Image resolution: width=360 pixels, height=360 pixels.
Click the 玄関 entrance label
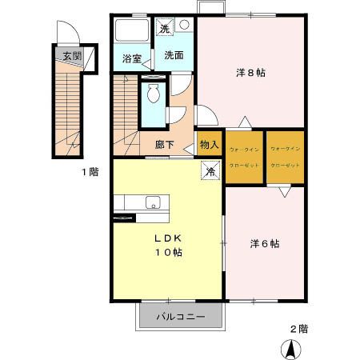(x=71, y=56)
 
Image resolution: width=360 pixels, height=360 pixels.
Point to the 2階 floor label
(x=298, y=328)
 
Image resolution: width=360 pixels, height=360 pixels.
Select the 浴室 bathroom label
(x=131, y=58)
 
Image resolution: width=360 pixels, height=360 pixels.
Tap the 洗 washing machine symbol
(x=164, y=28)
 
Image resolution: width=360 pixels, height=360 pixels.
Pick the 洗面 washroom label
(x=174, y=56)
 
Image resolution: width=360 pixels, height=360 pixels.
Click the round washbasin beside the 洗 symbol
(x=184, y=24)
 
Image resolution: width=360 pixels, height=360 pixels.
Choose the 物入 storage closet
(x=209, y=145)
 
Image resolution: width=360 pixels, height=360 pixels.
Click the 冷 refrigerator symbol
(x=210, y=170)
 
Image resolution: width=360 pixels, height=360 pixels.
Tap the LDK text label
(x=167, y=238)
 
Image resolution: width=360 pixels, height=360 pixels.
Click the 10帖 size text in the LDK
(x=167, y=253)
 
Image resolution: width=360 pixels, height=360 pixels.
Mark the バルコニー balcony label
(x=179, y=316)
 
